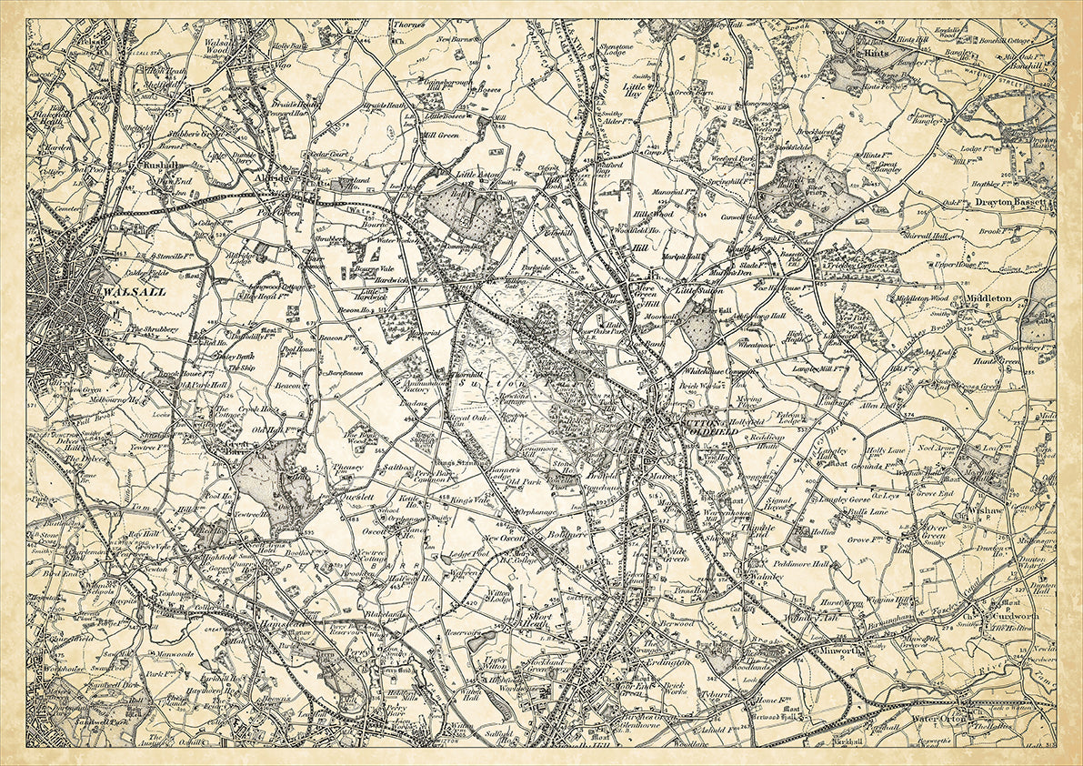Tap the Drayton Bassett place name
[x=1013, y=202]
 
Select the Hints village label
[x=875, y=54]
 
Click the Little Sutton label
[x=697, y=290]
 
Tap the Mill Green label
[x=440, y=134]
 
